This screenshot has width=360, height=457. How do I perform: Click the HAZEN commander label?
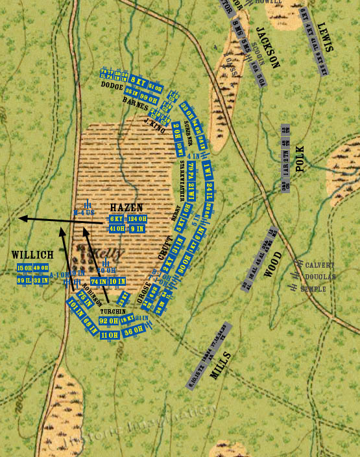click(126, 207)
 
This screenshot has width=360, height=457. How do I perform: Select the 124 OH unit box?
click(136, 219)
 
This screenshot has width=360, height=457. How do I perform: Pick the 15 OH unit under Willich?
click(25, 268)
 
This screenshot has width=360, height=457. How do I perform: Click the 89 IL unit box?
click(25, 280)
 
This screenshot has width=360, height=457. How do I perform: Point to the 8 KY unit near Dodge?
click(138, 80)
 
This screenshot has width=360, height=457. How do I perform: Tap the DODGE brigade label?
click(111, 85)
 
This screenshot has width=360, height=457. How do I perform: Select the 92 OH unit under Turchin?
click(108, 321)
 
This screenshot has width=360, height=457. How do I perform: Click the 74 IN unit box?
click(99, 281)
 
